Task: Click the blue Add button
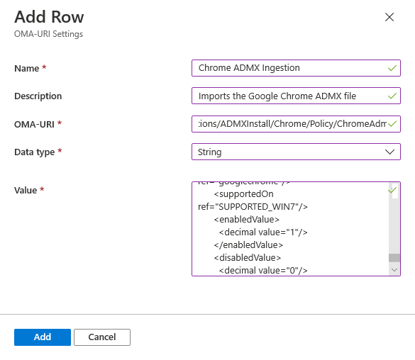click(42, 337)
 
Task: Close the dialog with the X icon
click(389, 18)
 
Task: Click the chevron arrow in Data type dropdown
click(389, 152)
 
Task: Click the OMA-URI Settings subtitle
click(48, 34)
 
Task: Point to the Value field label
click(27, 190)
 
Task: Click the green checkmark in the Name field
click(392, 68)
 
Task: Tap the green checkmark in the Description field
click(392, 96)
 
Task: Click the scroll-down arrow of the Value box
click(394, 269)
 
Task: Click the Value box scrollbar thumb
click(394, 257)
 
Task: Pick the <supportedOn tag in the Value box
click(243, 193)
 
